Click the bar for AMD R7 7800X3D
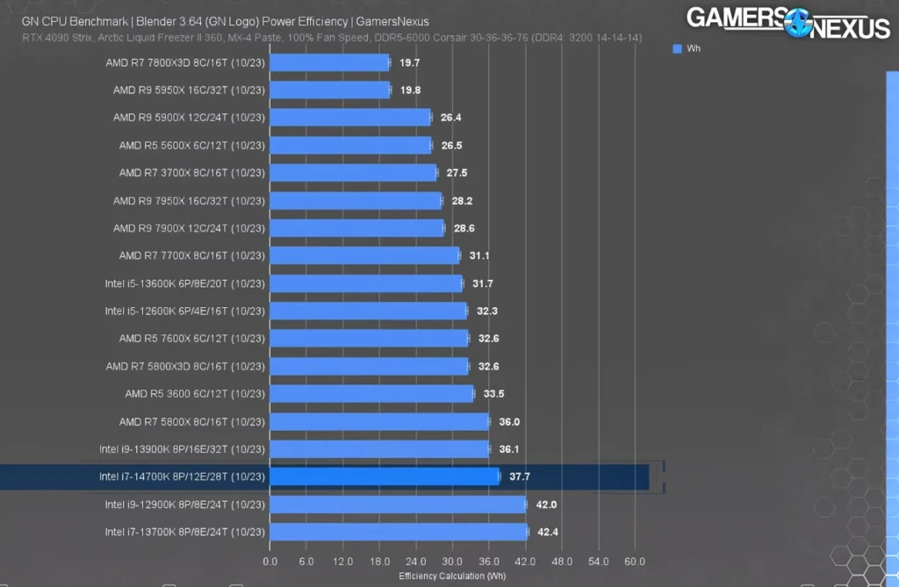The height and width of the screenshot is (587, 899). click(x=329, y=62)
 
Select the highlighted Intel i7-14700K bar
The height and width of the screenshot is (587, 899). click(x=385, y=476)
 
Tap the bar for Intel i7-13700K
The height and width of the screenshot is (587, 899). click(x=399, y=532)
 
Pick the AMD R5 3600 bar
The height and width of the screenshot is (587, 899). click(x=371, y=394)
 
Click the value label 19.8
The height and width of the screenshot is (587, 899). click(x=410, y=90)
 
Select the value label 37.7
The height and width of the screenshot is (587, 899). click(x=519, y=476)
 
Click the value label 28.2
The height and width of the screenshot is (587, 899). click(x=461, y=201)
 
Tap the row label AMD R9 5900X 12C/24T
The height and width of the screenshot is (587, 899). click(x=189, y=118)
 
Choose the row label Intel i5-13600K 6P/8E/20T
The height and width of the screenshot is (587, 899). click(x=184, y=283)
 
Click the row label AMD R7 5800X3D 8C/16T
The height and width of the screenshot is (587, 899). click(x=185, y=366)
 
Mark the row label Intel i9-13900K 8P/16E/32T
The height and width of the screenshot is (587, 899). click(x=182, y=449)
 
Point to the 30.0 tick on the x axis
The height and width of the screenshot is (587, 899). click(x=452, y=561)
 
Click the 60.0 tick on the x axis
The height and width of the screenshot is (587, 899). click(x=635, y=561)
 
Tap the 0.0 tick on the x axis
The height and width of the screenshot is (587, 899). click(x=270, y=561)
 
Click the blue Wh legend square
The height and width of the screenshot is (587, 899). click(x=677, y=49)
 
